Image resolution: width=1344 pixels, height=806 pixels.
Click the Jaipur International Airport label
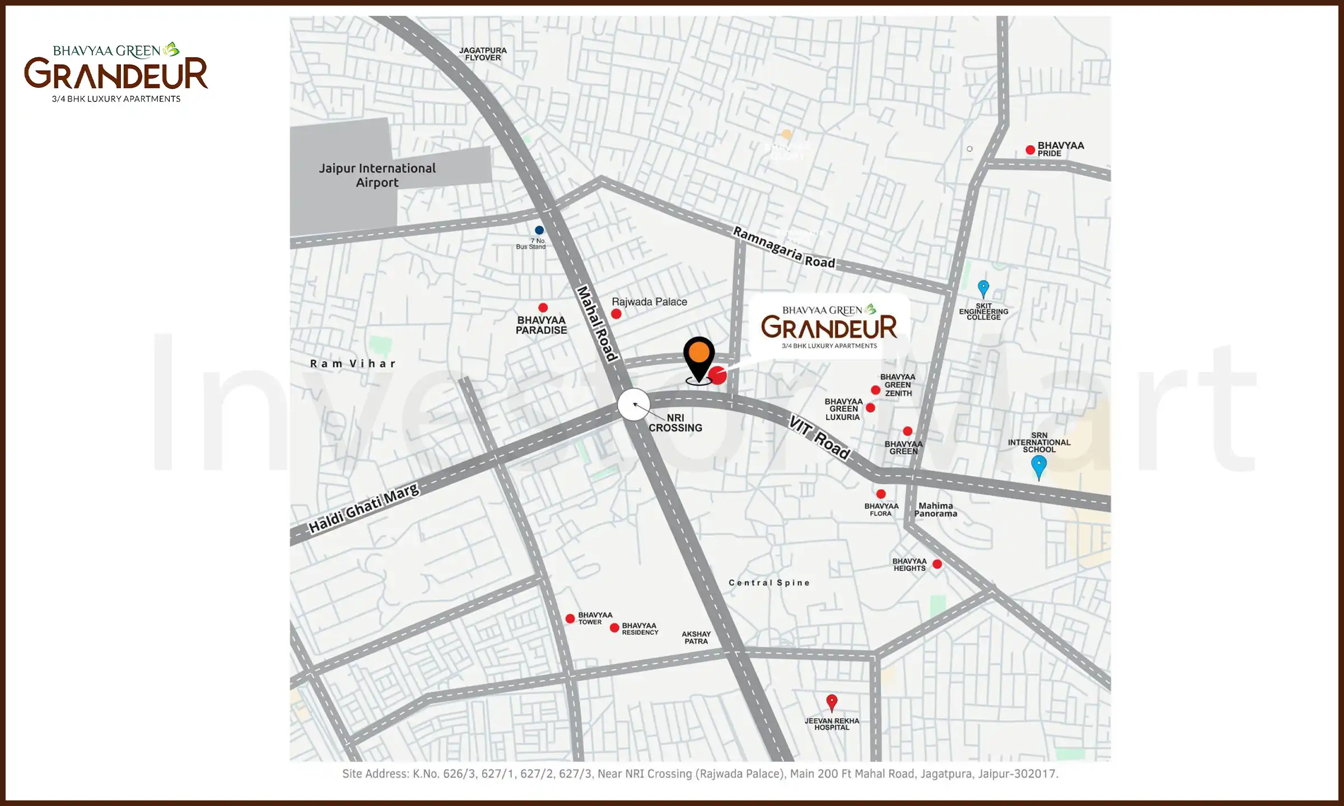tap(377, 175)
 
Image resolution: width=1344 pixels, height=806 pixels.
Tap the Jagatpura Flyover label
tap(483, 54)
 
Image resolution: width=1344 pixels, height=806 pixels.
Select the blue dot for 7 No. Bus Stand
tap(539, 230)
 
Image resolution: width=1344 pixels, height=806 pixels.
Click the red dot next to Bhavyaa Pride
tap(1030, 150)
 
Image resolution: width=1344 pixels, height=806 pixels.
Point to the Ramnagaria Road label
tap(784, 247)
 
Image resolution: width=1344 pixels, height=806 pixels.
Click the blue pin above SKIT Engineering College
tap(983, 288)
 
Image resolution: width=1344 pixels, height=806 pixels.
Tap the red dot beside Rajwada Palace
tap(616, 314)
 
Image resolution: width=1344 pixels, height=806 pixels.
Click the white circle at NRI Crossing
tap(634, 404)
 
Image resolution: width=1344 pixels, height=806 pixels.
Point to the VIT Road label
tap(819, 437)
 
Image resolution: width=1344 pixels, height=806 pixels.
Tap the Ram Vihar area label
tap(353, 364)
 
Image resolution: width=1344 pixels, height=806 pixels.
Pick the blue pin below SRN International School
tap(1039, 466)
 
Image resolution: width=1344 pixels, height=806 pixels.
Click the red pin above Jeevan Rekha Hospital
tap(832, 701)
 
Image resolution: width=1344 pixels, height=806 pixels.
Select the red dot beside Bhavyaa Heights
tap(937, 564)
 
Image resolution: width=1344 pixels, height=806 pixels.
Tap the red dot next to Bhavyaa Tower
tap(570, 618)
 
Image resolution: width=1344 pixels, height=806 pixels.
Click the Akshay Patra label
tap(696, 638)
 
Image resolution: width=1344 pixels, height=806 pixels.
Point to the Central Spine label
tap(769, 583)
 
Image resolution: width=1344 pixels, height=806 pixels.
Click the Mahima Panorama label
tap(936, 509)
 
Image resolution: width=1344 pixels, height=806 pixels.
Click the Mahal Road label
tap(597, 324)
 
